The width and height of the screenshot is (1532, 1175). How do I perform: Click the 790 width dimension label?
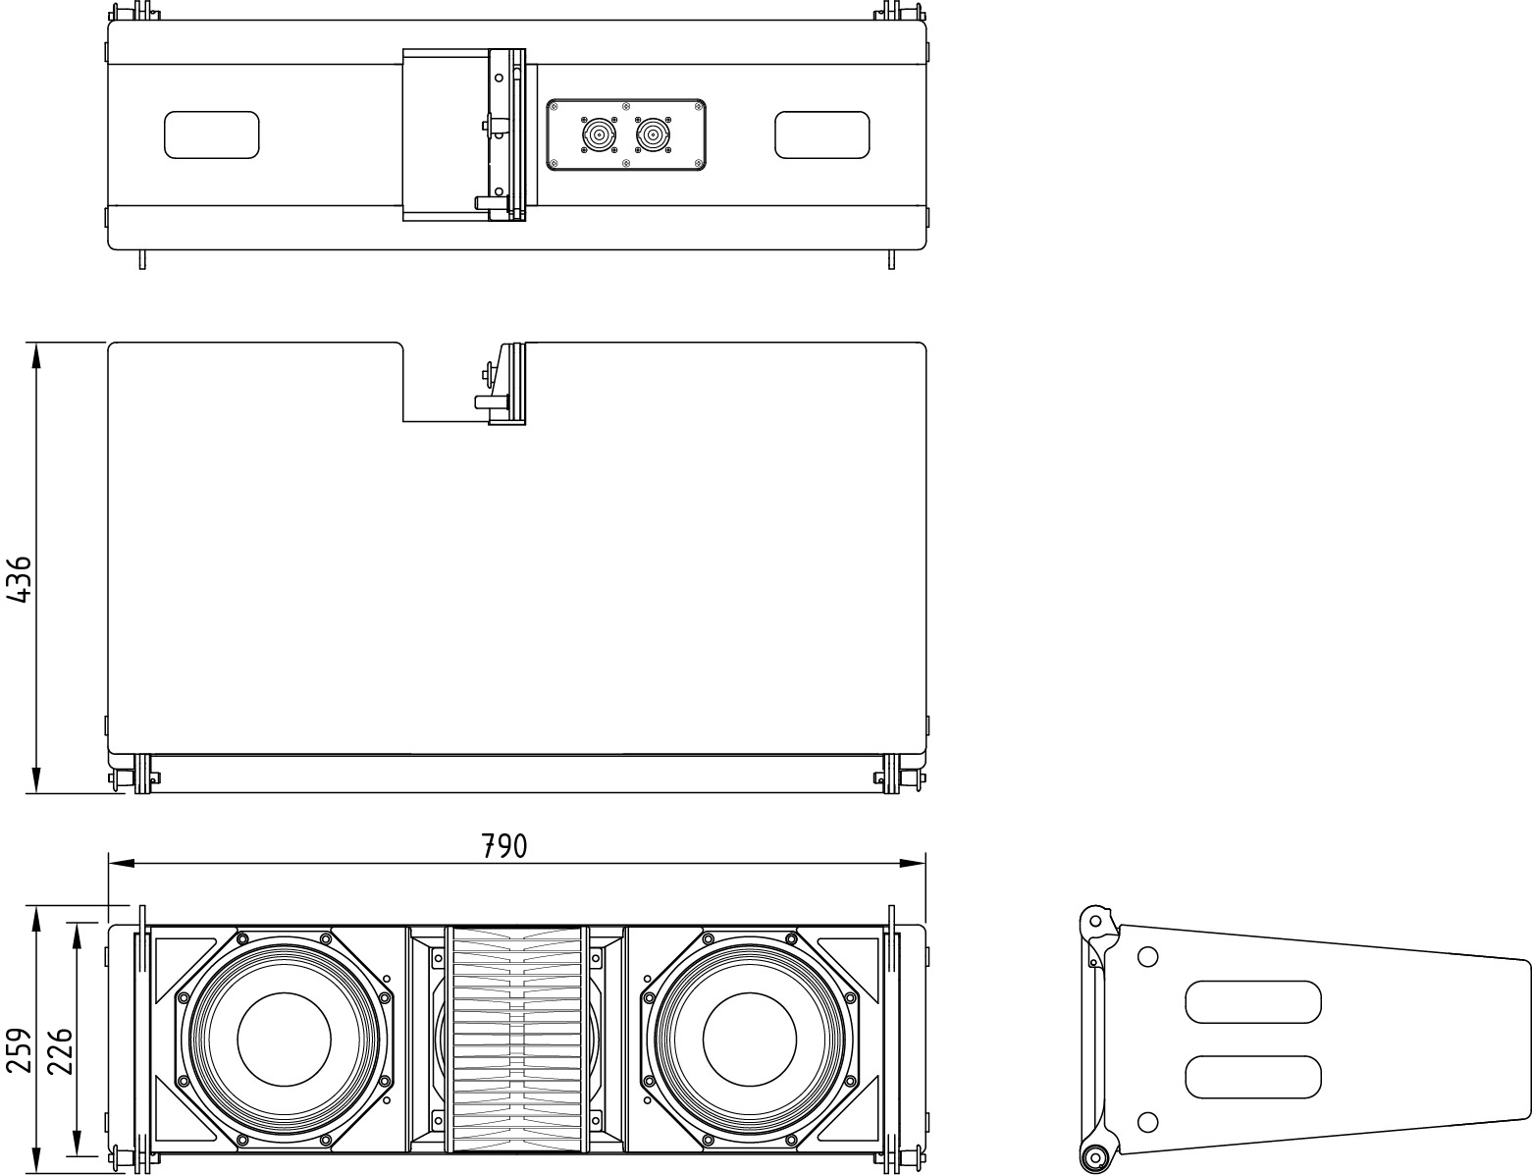click(x=504, y=846)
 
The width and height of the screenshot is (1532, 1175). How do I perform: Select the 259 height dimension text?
click(x=20, y=1049)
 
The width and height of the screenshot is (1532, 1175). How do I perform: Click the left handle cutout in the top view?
click(x=211, y=134)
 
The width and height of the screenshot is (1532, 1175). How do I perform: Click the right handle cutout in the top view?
click(x=821, y=134)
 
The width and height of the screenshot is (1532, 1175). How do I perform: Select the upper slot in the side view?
click(x=1253, y=1001)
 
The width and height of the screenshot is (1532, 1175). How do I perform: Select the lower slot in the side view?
click(x=1253, y=1077)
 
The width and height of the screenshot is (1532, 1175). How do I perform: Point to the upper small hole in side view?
click(x=1147, y=956)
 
